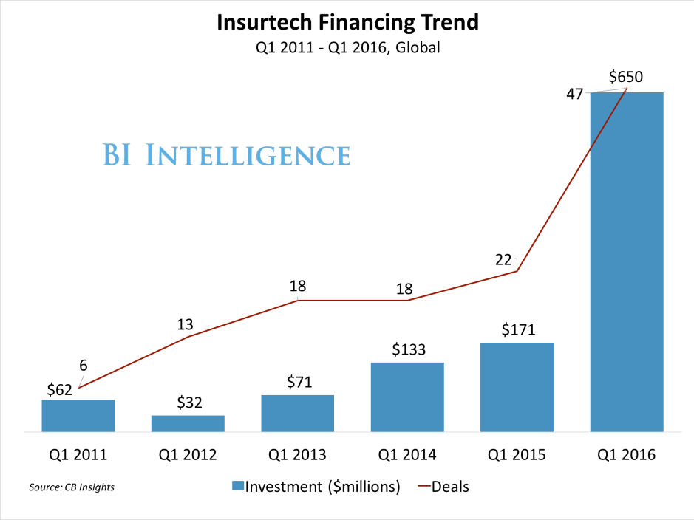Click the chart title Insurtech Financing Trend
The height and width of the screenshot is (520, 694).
tap(347, 22)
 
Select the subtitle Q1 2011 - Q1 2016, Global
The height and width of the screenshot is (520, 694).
tap(347, 48)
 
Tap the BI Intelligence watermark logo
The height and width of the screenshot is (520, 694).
tap(226, 156)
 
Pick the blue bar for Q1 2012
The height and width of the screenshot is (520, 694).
tap(188, 423)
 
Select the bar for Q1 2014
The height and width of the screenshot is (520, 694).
tap(407, 397)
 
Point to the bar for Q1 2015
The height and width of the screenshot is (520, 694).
tap(517, 387)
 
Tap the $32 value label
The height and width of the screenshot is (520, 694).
tap(190, 403)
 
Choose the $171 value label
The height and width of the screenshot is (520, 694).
tap(518, 329)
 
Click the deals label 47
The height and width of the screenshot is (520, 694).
tap(575, 94)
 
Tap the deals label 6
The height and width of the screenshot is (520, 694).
tap(84, 366)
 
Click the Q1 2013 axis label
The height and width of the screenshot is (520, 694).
tap(297, 454)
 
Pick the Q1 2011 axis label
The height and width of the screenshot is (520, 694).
tap(78, 454)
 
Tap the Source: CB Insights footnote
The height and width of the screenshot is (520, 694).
tap(72, 487)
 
